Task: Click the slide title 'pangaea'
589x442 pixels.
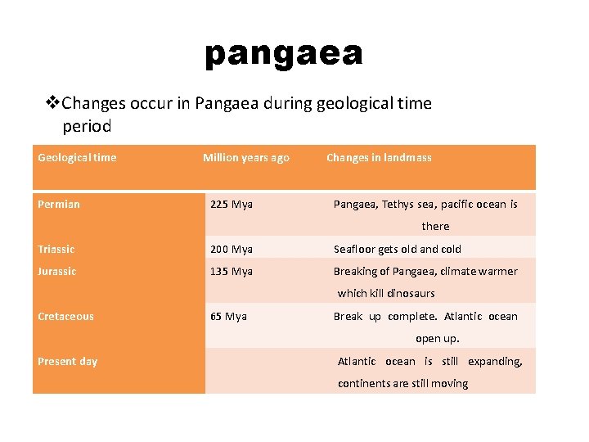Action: tap(283, 54)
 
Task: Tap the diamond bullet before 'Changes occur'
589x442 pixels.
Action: tap(52, 103)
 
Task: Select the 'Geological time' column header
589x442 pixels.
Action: tap(77, 157)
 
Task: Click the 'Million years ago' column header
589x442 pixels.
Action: tap(246, 157)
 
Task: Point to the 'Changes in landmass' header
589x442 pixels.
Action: tap(379, 157)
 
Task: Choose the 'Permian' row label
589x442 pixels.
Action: tap(59, 204)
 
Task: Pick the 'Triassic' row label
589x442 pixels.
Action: tap(56, 249)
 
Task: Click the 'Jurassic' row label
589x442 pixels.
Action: tap(56, 271)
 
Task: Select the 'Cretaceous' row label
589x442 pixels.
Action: tap(65, 316)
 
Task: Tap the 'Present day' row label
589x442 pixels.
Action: tap(67, 361)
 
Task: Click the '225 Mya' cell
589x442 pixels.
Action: tap(232, 204)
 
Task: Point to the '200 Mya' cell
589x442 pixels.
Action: tap(232, 249)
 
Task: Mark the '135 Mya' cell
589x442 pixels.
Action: tap(232, 271)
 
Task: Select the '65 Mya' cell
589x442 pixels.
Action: tap(228, 316)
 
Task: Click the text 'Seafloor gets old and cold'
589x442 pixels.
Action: tap(398, 249)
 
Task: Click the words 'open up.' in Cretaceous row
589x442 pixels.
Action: tap(437, 338)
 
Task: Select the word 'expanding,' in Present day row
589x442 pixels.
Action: tap(495, 361)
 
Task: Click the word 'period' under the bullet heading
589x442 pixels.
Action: tap(87, 127)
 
